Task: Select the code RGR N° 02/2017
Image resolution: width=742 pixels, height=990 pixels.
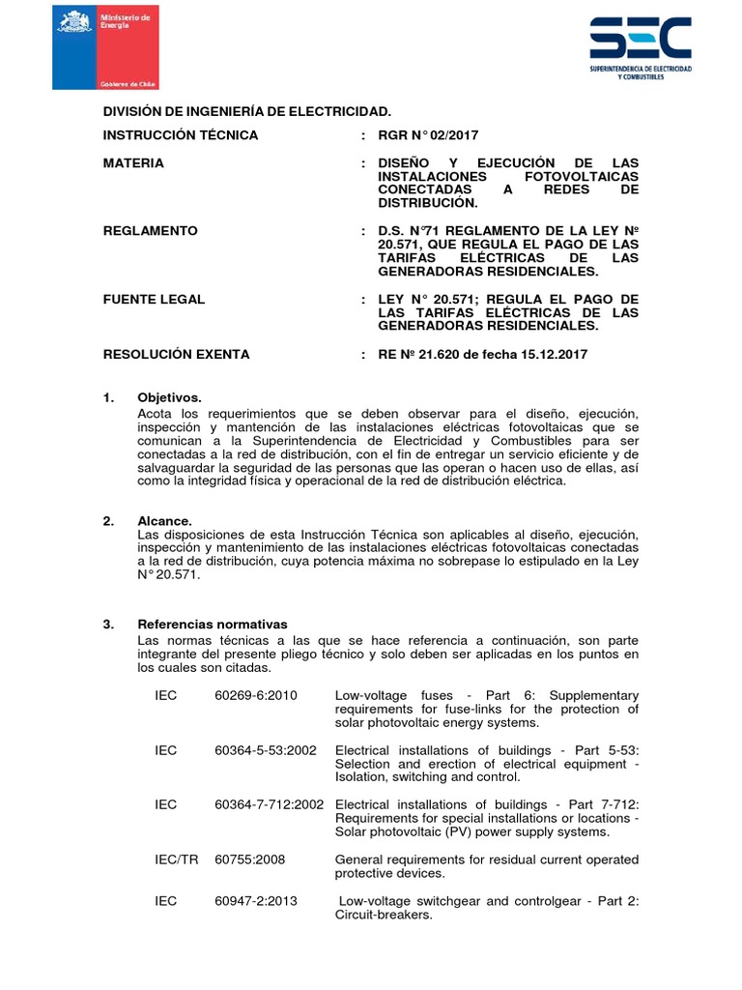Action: tap(428, 135)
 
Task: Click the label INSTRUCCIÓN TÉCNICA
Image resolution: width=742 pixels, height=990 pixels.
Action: tap(181, 135)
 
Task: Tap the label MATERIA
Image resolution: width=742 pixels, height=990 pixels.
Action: tap(133, 163)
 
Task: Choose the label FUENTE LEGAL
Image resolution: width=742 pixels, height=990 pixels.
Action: tap(154, 299)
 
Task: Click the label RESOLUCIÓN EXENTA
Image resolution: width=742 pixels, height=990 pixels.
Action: tap(176, 355)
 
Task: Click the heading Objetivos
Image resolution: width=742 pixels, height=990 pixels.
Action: tap(170, 397)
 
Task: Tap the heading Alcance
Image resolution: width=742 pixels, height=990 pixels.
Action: tap(165, 521)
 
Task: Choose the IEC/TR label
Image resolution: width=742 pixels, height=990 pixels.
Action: tap(176, 859)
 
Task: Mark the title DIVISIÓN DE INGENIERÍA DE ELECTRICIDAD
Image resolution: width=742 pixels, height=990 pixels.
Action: tap(247, 112)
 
